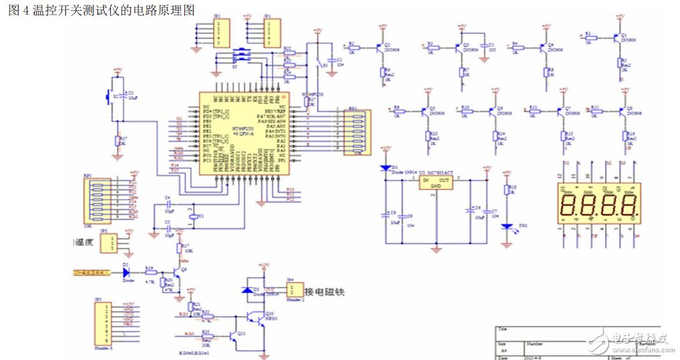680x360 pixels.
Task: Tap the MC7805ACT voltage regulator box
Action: (437, 183)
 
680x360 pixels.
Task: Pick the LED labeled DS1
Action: (506, 226)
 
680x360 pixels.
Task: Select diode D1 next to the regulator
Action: (386, 168)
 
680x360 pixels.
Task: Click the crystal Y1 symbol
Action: (193, 217)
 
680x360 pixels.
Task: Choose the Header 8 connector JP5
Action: (101, 322)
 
